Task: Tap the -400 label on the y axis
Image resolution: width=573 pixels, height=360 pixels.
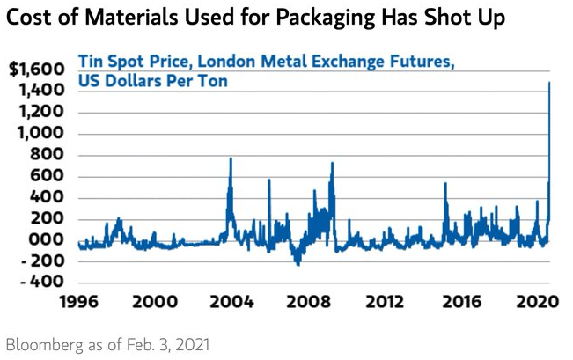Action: point(41,282)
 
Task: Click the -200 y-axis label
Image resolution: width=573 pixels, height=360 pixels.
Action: point(41,261)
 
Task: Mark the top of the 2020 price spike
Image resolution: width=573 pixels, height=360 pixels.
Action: point(550,82)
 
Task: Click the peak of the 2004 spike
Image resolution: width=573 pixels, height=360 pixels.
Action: point(231,158)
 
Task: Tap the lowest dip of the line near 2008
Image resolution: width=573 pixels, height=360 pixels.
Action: point(298,264)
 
